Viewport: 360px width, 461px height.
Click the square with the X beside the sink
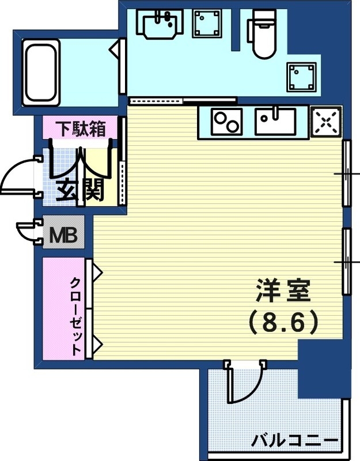pos(325,122)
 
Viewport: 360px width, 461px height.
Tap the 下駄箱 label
pos(80,129)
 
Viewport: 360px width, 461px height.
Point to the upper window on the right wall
pos(347,173)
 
